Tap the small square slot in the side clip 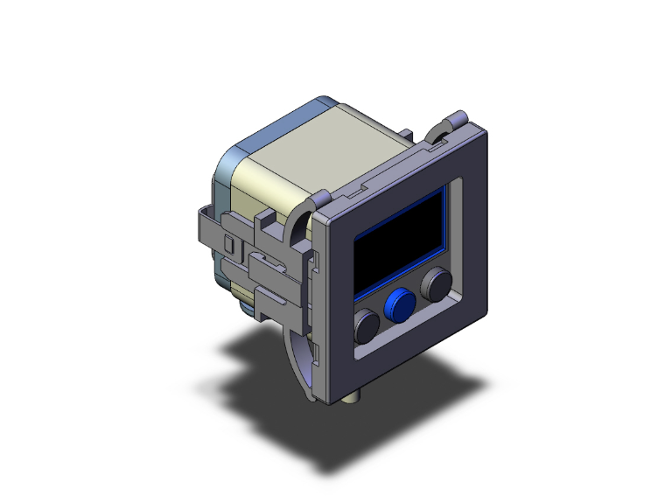tap(229, 243)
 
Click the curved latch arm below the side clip tap(297, 359)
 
